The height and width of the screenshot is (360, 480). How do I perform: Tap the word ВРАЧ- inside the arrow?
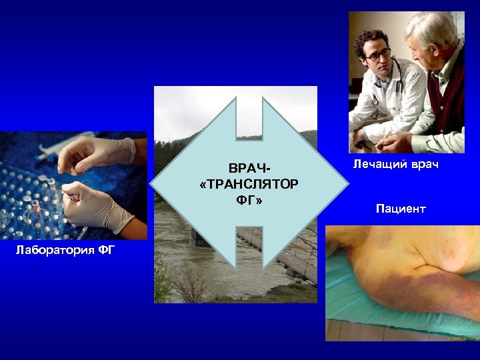[248, 167]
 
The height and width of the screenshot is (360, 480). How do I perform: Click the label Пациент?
[400, 209]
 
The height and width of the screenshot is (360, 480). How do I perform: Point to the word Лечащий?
[376, 164]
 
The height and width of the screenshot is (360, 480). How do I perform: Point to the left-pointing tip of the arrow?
[153, 184]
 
